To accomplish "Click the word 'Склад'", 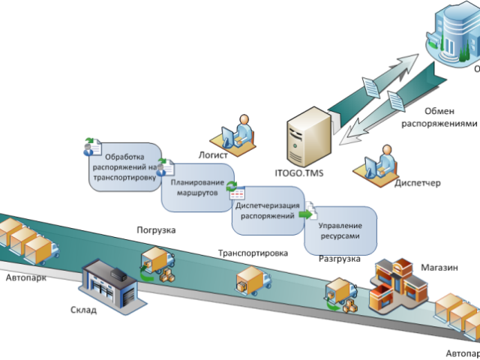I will [x=83, y=310].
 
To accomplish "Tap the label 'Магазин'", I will [x=439, y=266].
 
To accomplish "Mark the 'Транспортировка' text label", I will [x=253, y=253].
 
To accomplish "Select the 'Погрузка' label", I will [x=156, y=230].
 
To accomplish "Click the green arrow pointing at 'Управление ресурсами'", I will [x=305, y=214].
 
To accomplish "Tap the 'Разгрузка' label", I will [x=339, y=259].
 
